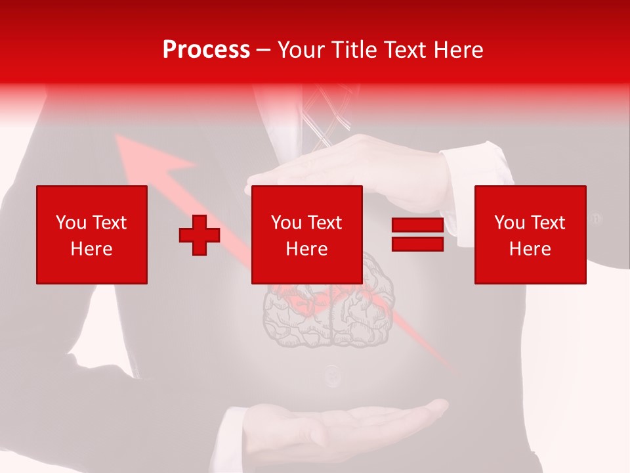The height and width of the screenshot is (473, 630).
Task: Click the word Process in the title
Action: click(x=206, y=50)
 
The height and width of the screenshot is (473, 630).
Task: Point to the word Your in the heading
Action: click(x=301, y=50)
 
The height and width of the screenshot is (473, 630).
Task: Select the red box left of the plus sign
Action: click(x=91, y=235)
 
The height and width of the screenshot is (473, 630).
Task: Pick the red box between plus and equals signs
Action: click(x=306, y=235)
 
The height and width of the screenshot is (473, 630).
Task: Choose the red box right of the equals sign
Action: click(x=530, y=235)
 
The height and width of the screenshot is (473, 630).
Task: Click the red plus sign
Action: click(x=199, y=235)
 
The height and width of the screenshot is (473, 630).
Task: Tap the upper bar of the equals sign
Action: click(x=417, y=225)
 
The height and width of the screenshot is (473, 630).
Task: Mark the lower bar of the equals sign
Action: click(x=417, y=244)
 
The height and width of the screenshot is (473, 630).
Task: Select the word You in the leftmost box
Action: click(x=71, y=223)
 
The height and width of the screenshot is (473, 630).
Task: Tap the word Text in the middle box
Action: click(x=324, y=223)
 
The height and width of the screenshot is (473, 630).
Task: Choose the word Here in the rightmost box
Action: click(x=530, y=248)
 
